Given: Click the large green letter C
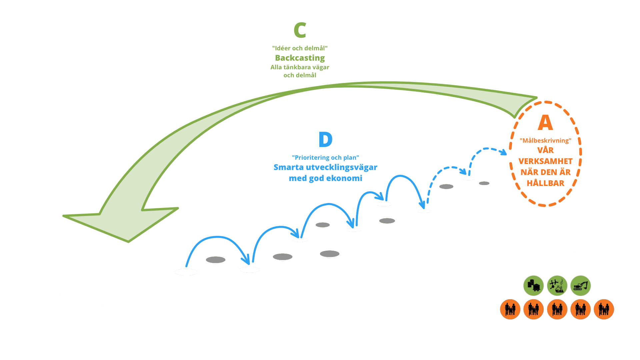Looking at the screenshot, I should coord(300,31).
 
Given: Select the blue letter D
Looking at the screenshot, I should coord(325,140).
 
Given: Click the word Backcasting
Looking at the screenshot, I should coord(300,58).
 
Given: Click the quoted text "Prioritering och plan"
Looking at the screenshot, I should coord(325,158).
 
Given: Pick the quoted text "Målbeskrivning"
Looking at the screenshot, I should coord(545,141).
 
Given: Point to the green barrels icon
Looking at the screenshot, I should coord(533,286).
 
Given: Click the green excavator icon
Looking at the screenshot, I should coord(580,286).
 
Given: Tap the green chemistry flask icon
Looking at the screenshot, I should coord(557,286).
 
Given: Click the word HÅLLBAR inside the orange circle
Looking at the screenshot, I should coord(545,183).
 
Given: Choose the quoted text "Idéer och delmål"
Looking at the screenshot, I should coord(300,48).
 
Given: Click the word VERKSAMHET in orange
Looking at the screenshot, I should coord(545,161).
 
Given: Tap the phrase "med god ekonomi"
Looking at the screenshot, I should coord(325,178).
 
